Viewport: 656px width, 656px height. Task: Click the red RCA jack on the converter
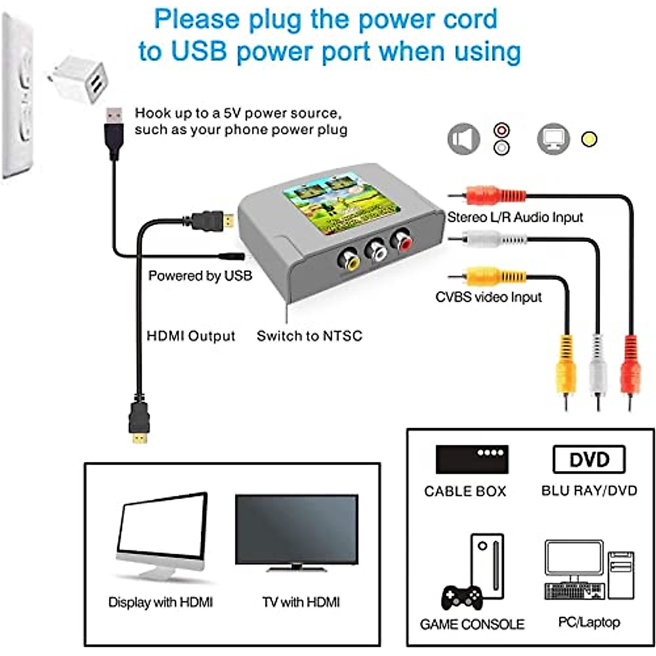point(401,241)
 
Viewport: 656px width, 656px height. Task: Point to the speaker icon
point(464,139)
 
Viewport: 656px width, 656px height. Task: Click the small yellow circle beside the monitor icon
point(589,139)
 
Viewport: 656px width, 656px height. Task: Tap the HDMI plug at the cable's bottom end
point(139,421)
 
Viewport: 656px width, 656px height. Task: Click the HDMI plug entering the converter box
point(216,220)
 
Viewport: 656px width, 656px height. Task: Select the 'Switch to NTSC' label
point(309,336)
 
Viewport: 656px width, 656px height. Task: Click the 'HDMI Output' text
point(191,336)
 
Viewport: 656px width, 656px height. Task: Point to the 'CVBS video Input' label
point(488,297)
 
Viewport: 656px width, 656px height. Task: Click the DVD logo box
point(589,459)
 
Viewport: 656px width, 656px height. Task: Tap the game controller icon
point(462,598)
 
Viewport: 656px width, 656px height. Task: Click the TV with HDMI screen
point(297,530)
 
